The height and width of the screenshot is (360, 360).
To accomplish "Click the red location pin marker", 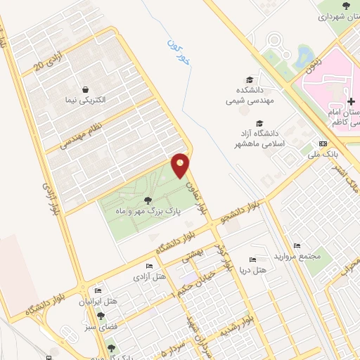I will pyautogui.click(x=181, y=165).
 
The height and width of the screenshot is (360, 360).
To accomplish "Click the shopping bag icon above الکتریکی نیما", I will pyautogui.click(x=85, y=89).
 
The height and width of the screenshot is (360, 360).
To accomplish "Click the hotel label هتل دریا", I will pyautogui.click(x=253, y=270).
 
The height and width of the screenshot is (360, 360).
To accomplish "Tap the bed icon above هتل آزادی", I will pyautogui.click(x=148, y=266).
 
